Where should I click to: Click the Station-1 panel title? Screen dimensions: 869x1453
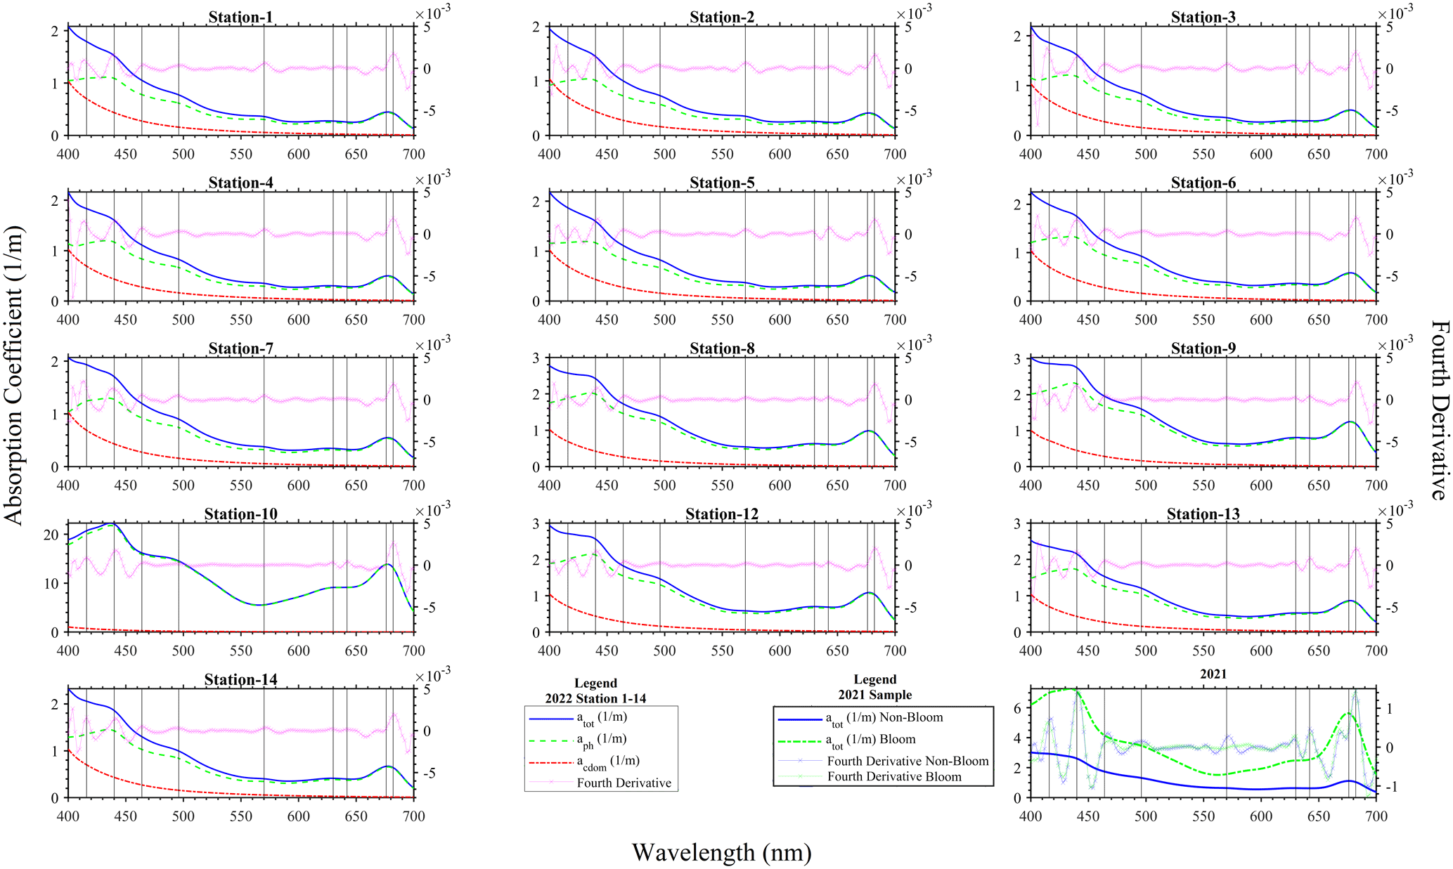point(240,17)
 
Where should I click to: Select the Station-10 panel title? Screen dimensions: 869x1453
point(240,514)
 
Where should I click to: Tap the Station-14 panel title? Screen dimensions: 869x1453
point(240,679)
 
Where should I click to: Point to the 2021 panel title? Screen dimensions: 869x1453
point(1213,674)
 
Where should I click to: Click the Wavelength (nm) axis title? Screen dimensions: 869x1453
point(722,852)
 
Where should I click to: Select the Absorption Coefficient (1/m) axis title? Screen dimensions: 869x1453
point(14,375)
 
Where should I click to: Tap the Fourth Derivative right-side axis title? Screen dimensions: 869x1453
point(1440,410)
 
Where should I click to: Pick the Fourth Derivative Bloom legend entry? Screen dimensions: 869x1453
point(894,776)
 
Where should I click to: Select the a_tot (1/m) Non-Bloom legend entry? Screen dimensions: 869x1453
point(884,718)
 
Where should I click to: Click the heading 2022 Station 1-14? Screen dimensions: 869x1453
point(595,698)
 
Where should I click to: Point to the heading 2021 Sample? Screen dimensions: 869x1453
point(874,695)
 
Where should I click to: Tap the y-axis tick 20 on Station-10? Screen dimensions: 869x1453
point(51,535)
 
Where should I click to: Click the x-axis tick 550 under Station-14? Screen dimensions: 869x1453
point(240,816)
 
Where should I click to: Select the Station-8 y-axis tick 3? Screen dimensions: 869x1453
point(536,358)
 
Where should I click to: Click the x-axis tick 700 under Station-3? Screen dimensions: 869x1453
point(1376,154)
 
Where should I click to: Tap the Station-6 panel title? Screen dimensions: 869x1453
point(1203,183)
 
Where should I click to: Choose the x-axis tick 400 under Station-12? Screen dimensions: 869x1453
point(549,651)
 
